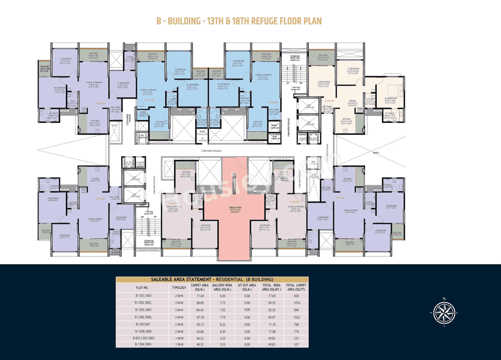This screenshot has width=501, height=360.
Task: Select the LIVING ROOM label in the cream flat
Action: pyautogui.click(x=324, y=82)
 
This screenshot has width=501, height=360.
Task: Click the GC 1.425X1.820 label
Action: pyautogui.click(x=202, y=139)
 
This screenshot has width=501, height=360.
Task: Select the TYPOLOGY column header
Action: pyautogui.click(x=179, y=288)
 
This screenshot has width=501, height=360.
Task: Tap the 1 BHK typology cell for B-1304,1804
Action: pyautogui.click(x=179, y=344)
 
